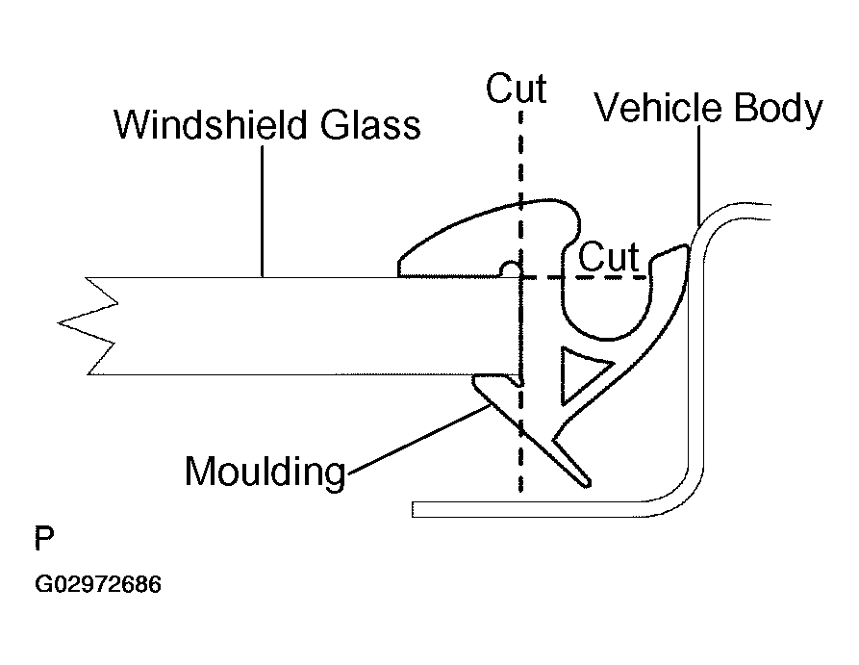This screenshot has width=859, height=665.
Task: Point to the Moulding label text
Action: (265, 472)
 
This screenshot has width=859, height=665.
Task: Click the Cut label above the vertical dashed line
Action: (517, 89)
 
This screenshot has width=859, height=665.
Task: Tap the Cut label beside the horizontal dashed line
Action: (610, 257)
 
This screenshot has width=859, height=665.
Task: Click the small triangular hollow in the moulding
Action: (581, 372)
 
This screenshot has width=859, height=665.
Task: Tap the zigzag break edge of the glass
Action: (89, 325)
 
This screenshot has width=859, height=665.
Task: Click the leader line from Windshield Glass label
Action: (263, 212)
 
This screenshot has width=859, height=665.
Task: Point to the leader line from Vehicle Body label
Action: (697, 173)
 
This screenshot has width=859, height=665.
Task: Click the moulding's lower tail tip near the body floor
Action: (580, 476)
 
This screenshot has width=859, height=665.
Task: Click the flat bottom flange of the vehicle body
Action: (529, 507)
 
